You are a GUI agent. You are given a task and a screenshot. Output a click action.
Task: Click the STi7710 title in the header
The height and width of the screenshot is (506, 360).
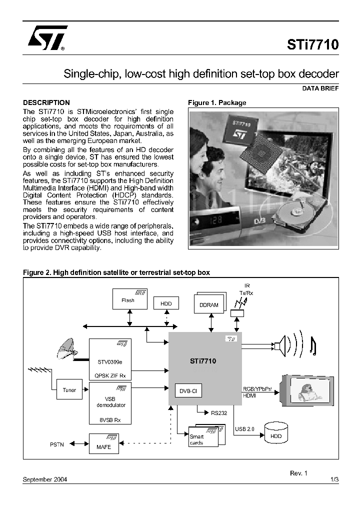312,44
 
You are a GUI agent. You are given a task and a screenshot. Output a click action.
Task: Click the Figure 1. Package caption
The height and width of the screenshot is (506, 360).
217,102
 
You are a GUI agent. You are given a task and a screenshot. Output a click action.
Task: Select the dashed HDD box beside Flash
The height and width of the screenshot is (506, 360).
166,303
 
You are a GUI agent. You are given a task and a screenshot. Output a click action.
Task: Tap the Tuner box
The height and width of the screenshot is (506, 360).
69,390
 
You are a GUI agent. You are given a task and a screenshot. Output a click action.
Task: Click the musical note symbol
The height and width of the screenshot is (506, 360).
313,345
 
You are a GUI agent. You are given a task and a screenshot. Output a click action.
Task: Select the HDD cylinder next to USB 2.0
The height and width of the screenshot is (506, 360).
276,433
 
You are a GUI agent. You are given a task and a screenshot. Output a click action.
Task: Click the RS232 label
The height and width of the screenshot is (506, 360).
218,413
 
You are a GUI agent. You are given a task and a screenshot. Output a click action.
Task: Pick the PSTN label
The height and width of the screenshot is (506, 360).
57,444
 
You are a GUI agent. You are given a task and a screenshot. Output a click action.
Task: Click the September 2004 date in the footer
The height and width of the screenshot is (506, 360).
45,479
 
